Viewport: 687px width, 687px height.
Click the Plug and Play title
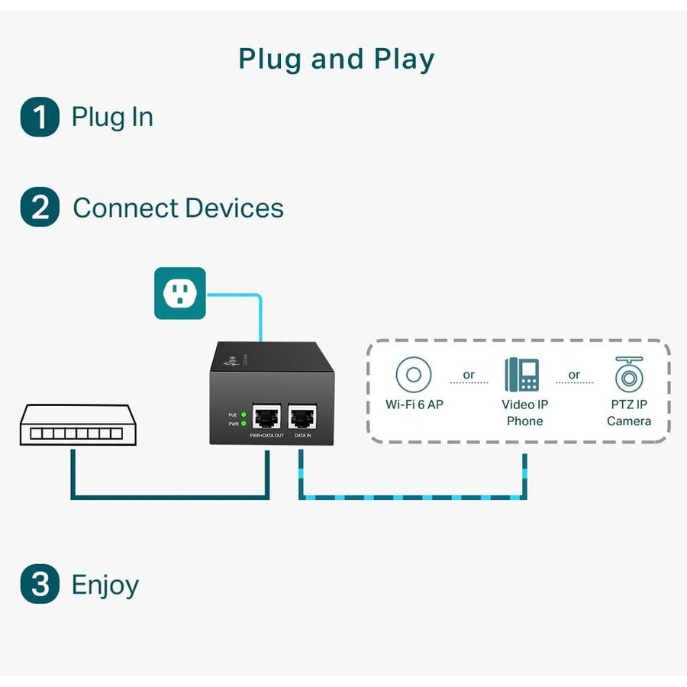coord(337,60)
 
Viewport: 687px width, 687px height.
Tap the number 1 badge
coord(40,118)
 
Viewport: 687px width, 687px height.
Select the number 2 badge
coord(40,208)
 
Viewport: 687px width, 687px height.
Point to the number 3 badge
coord(40,585)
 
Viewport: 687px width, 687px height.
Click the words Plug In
coord(112,118)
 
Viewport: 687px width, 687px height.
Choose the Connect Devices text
coord(178,208)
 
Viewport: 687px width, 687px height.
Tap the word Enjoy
coord(105,585)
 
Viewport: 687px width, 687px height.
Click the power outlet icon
coord(180,293)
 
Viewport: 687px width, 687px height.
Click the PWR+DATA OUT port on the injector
coord(267,417)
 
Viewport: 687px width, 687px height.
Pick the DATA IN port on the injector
coord(302,417)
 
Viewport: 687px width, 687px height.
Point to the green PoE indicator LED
coord(243,414)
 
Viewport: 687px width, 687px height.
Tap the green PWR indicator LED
coord(243,424)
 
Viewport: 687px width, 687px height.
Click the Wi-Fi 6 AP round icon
coord(414,375)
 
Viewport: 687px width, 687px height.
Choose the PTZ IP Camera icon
coord(629,374)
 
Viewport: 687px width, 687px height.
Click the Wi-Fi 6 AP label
coord(414,405)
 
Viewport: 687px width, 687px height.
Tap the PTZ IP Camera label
coord(629,412)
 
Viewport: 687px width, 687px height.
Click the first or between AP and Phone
coord(469,375)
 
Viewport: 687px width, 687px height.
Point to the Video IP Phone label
coord(524,412)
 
